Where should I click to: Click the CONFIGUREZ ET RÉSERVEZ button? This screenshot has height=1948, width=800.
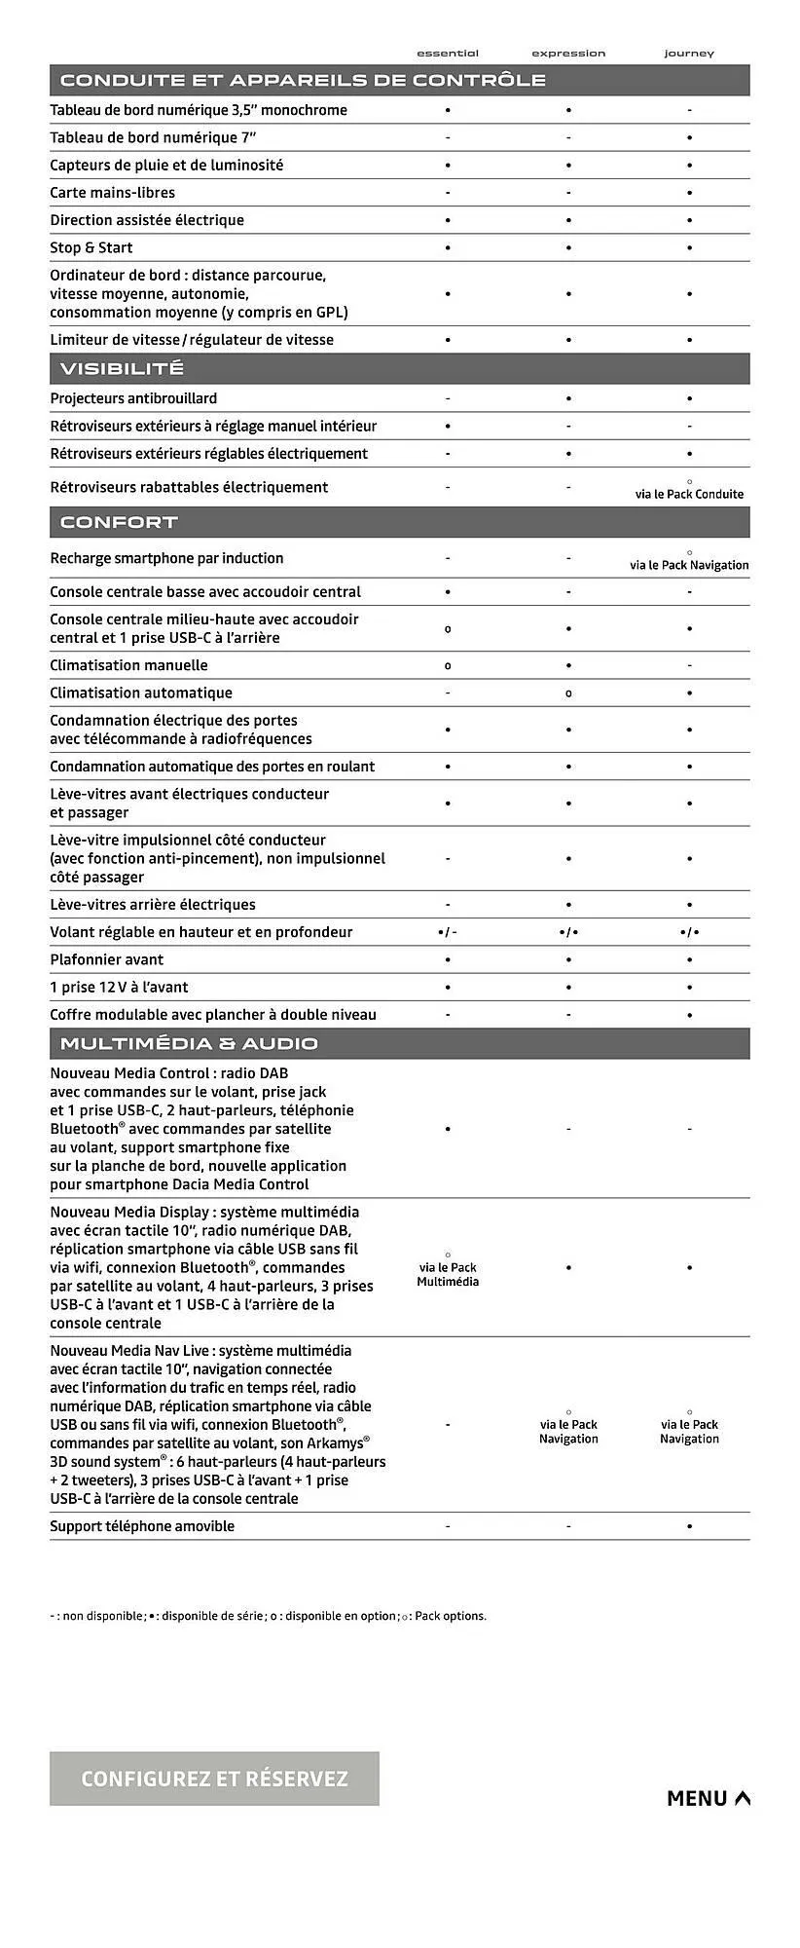coord(214,1779)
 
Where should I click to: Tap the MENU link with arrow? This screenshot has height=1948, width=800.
coord(708,1798)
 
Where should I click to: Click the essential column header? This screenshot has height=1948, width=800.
coord(448,54)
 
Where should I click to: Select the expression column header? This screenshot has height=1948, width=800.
coord(568,54)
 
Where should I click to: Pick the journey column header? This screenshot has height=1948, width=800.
coord(689,54)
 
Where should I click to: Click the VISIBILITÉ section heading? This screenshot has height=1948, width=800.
coord(122,368)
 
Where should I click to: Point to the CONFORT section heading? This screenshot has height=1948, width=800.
coord(119,522)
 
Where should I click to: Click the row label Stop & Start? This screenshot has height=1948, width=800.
coord(91,247)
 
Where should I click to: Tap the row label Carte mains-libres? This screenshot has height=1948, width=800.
coord(113,193)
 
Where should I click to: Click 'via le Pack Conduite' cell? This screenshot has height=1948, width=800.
coord(689,494)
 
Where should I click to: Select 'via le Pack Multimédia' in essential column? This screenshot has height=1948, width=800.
coord(448,1274)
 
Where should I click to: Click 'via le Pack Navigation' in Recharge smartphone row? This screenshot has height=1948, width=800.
coord(689,565)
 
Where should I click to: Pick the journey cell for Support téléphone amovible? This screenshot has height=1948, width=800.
coord(689,1526)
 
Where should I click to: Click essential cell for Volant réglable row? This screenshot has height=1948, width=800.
coord(448,932)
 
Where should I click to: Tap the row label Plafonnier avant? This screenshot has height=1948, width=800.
coord(107,959)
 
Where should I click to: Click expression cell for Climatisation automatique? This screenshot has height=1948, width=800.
coord(568,693)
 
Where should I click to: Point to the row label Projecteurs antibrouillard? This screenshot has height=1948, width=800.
coord(133,398)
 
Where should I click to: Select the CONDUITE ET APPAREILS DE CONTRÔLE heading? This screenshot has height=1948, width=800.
coord(303,80)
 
